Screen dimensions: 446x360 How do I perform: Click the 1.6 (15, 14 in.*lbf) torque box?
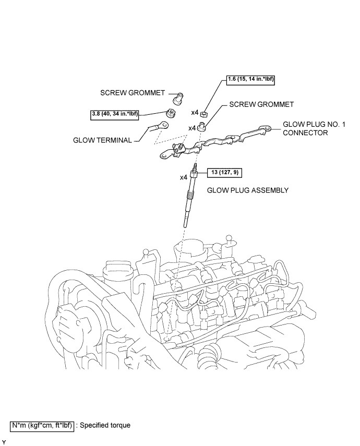click(250, 80)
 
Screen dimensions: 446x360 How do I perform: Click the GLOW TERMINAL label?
click(102, 140)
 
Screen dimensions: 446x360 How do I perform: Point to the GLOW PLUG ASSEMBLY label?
click(248, 190)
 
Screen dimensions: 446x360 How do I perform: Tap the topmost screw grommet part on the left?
click(176, 97)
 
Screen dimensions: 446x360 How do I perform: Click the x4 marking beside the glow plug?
click(184, 177)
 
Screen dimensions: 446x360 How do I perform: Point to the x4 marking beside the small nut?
click(195, 112)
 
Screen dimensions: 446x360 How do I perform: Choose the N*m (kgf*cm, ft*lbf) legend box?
click(43, 425)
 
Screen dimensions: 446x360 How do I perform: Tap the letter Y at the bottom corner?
click(4, 442)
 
